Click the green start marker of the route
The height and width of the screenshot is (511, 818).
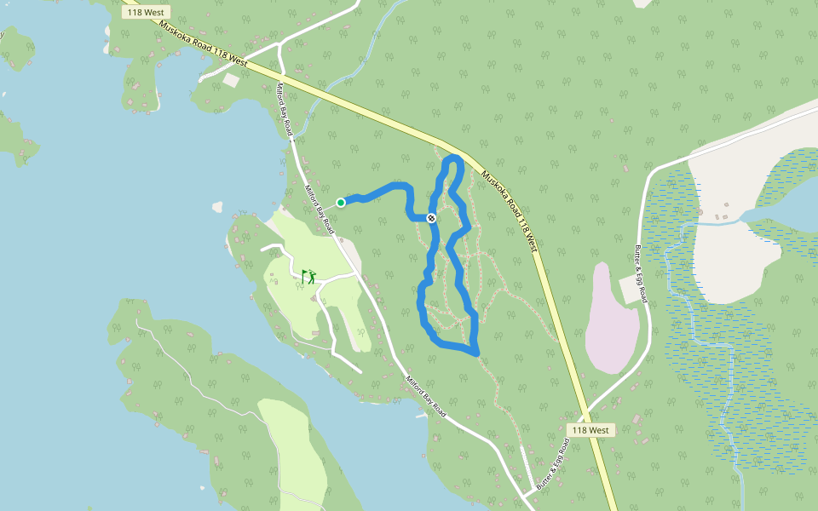(341, 202)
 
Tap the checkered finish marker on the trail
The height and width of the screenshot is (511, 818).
(432, 218)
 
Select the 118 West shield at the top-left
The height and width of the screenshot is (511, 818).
(147, 13)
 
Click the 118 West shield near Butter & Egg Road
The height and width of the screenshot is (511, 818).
(590, 430)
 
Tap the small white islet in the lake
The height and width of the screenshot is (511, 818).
(217, 206)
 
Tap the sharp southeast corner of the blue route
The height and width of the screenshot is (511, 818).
(477, 352)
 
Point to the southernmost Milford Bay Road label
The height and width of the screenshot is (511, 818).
(426, 396)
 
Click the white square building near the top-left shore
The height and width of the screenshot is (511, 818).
(232, 80)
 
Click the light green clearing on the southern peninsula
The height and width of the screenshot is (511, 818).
(294, 443)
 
